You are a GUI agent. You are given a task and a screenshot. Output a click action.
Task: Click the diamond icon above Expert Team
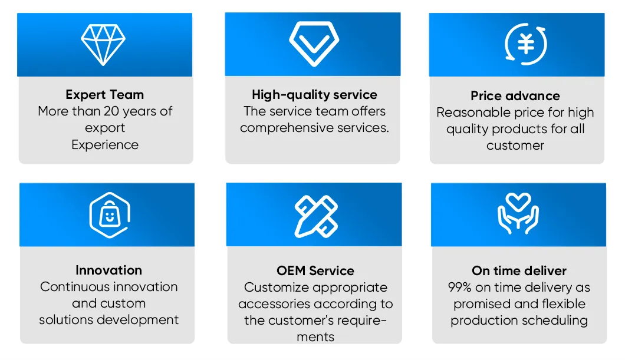[x=103, y=45]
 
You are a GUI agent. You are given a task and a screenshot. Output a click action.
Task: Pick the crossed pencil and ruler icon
[x=316, y=216]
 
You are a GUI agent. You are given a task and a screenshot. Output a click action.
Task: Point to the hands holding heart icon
[x=518, y=226]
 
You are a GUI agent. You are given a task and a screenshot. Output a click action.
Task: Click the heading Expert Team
[x=105, y=95]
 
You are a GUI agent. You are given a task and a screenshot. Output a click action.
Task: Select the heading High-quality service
[x=314, y=95]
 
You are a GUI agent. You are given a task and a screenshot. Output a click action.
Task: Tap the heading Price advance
[x=515, y=96]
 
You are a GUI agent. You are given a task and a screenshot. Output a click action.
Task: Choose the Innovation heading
[x=109, y=270]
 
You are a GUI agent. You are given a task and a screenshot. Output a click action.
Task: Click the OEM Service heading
[x=315, y=271]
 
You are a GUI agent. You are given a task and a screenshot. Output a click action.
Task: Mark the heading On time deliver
[x=519, y=271]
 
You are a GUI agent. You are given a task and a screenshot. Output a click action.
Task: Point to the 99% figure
[x=460, y=288]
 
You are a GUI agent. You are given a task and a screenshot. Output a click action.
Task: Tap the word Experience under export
[x=105, y=145]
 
